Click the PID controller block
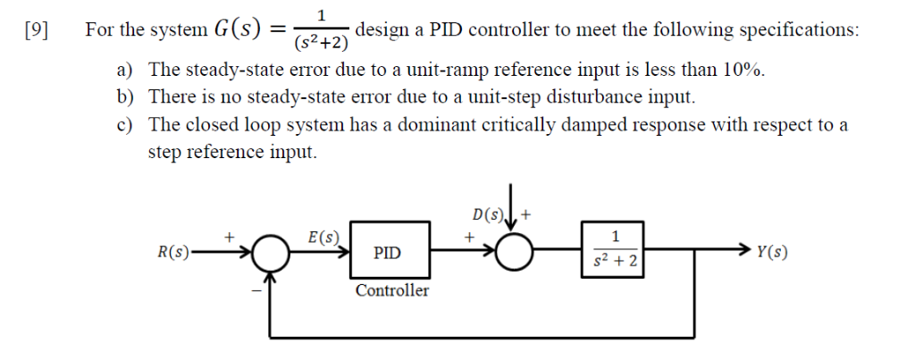(x=387, y=254)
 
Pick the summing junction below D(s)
(x=516, y=254)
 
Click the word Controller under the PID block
(x=391, y=291)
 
